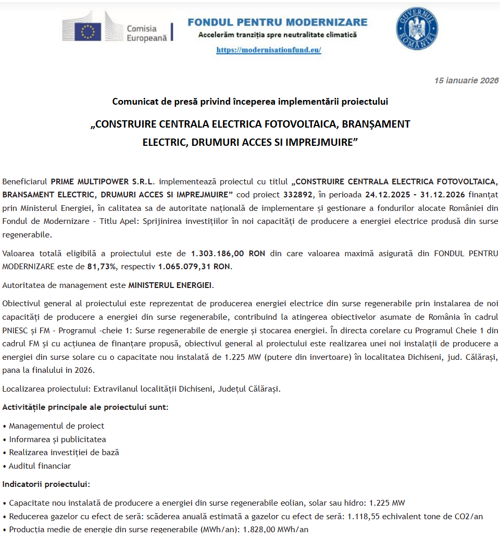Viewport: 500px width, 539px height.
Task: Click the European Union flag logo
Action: point(87,31)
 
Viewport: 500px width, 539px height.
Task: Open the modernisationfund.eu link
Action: point(268,50)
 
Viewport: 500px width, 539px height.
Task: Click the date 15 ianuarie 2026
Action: point(467,80)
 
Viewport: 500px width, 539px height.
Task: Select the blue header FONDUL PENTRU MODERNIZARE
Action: point(277,22)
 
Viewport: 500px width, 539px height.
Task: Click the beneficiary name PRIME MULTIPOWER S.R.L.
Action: point(103,181)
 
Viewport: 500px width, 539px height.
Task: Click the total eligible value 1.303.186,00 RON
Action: point(228,254)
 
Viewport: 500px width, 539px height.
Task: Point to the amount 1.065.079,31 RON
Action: point(194,267)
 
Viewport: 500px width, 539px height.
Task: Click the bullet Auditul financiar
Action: point(40,466)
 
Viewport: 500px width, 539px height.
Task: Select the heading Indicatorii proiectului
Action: point(46,484)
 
